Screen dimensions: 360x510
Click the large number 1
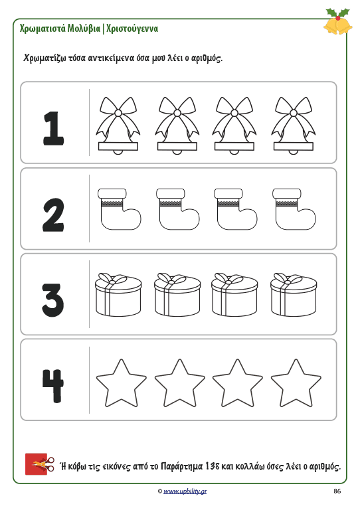tap(54, 128)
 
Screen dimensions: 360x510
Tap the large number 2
tap(53, 215)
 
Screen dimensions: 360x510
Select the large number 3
tap(53, 300)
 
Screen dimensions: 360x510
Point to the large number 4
tap(52, 386)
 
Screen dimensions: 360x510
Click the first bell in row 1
tap(118, 126)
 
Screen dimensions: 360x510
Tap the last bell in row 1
tap(294, 126)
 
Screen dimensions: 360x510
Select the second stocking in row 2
tap(178, 209)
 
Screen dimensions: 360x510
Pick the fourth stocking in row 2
tap(294, 209)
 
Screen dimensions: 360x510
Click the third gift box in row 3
tap(234, 295)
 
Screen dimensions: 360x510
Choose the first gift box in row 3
tap(118, 295)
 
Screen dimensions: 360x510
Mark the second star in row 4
tap(179, 384)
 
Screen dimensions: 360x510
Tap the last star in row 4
tap(296, 384)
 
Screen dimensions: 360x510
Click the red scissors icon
tap(40, 464)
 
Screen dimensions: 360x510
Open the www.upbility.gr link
tap(185, 491)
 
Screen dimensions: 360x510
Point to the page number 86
tap(337, 491)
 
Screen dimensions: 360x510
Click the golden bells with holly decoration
tap(338, 21)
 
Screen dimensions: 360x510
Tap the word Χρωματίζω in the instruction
tap(45, 58)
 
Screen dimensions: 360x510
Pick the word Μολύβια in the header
tap(84, 29)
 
